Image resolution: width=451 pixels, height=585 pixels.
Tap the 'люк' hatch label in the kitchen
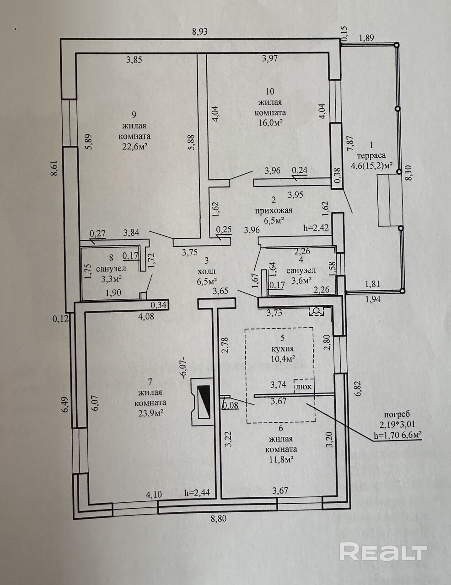(304, 387)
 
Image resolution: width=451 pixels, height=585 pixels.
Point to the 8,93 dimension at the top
(200, 32)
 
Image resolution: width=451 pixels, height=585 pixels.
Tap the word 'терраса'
(371, 155)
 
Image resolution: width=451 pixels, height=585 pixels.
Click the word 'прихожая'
(274, 210)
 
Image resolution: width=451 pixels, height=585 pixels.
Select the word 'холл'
(207, 271)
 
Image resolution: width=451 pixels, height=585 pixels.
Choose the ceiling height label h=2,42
(316, 229)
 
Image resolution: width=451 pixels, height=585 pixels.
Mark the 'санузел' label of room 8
(111, 268)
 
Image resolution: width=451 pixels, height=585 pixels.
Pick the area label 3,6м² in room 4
(302, 280)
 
